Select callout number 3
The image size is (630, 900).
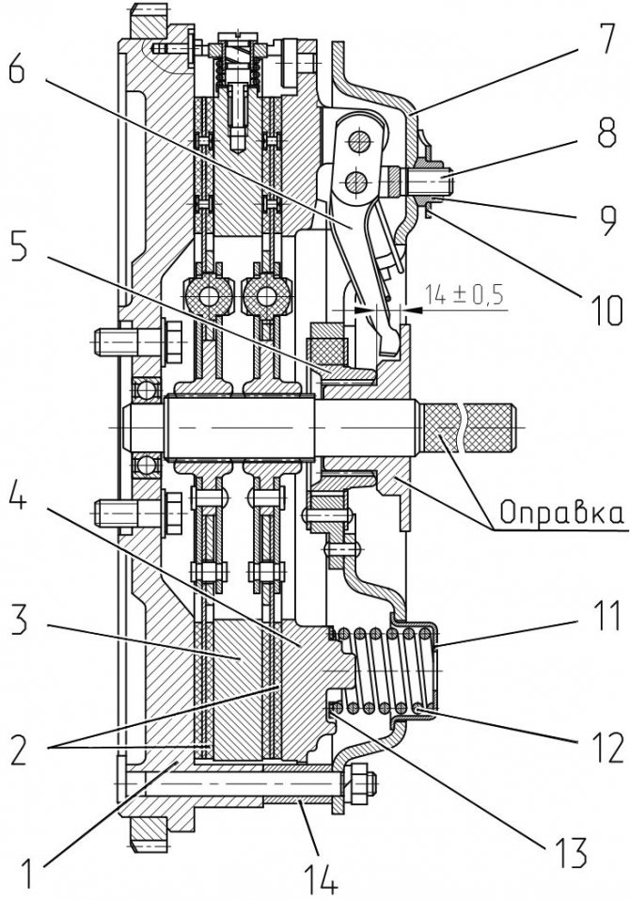coord(28,620)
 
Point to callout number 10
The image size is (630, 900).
coord(598,308)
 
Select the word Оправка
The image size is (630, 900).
coord(561,513)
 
